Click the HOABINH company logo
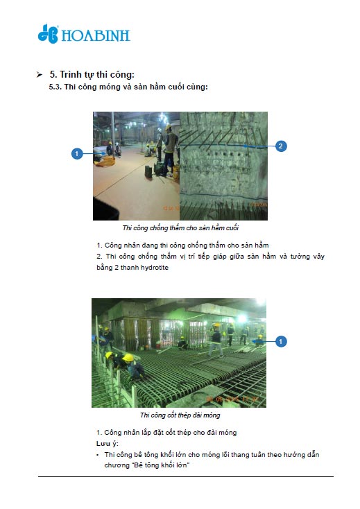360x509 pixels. click(84, 33)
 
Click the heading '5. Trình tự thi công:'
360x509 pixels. click(92, 74)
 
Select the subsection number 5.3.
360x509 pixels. click(55, 87)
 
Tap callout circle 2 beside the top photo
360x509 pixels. click(281, 146)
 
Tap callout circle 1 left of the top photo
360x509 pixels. click(77, 153)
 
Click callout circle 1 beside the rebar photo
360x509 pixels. click(281, 341)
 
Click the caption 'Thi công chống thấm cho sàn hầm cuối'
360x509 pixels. click(180, 228)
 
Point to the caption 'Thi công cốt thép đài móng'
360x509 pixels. click(180, 415)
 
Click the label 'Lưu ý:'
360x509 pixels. click(108, 444)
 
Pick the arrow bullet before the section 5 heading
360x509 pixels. click(40, 75)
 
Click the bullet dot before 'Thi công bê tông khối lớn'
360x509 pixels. click(98, 455)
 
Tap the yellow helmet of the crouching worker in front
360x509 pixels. click(128, 357)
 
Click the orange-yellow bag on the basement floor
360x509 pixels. click(105, 161)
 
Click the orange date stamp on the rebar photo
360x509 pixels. click(232, 399)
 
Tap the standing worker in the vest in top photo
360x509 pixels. click(170, 150)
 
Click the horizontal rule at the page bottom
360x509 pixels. click(186, 476)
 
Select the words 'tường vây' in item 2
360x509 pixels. click(307, 257)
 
